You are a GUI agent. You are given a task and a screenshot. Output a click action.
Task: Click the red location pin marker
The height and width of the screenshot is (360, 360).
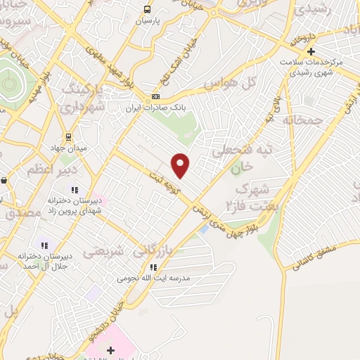[181, 165]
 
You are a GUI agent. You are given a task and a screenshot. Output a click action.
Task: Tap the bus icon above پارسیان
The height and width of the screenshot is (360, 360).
[147, 9]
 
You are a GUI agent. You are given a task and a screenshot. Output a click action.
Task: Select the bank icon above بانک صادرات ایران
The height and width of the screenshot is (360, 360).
[156, 97]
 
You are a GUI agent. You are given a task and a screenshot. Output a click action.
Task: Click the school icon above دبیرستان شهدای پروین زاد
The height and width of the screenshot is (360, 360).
[74, 189]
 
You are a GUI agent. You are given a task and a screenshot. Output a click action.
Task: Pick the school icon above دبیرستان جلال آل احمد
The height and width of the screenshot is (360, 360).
[45, 245]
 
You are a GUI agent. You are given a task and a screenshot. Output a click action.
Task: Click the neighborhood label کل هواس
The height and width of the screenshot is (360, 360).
[227, 84]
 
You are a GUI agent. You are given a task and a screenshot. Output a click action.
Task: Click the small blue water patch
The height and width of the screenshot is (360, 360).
[203, 229]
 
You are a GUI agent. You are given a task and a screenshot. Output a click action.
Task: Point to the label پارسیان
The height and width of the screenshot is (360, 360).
[148, 20]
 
